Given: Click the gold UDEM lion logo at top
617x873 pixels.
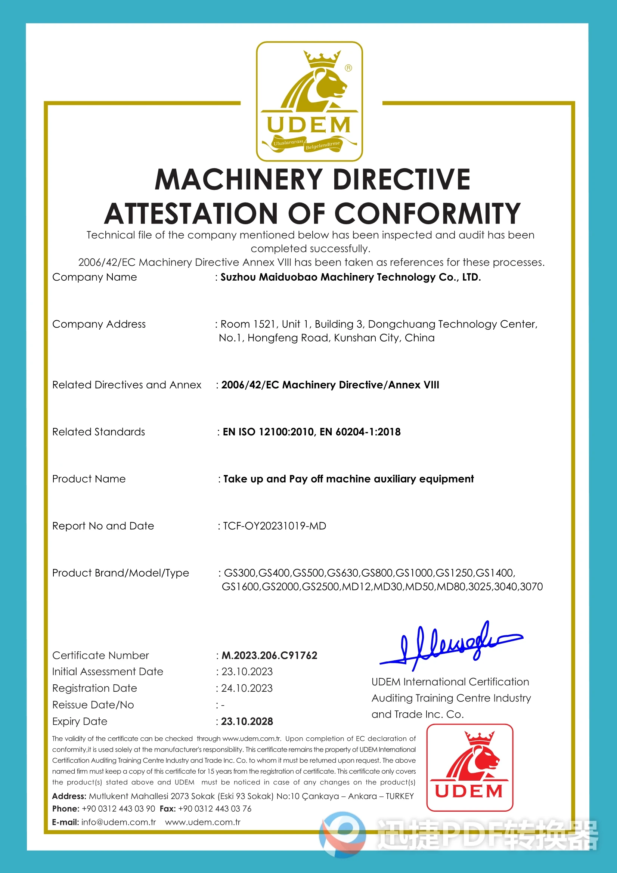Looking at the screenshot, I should pos(309,101).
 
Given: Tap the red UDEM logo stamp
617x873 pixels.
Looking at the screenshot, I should pos(469,767).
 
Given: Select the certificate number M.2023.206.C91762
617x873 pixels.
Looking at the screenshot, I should pos(269,655).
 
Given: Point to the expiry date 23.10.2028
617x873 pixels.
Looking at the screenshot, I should pos(247,721).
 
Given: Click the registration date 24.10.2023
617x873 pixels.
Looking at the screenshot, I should pos(247,688).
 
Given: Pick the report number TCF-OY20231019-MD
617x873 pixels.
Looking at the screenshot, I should pos(274,526).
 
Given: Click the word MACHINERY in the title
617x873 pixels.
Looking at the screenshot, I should pos(239,179).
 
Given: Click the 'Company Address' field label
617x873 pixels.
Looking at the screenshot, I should pos(99,324).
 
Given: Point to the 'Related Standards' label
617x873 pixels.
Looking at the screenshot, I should pos(98,432).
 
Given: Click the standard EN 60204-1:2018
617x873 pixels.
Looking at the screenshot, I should pos(360,432).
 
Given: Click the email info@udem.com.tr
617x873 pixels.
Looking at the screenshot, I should pos(118,822).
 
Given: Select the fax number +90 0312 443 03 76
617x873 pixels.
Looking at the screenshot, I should pos(215,809).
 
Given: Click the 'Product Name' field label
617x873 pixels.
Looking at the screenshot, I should pos(89,479).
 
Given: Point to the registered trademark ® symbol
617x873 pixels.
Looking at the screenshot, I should pos(348,68).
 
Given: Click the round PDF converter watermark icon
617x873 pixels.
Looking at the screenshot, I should pos(342,835).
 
